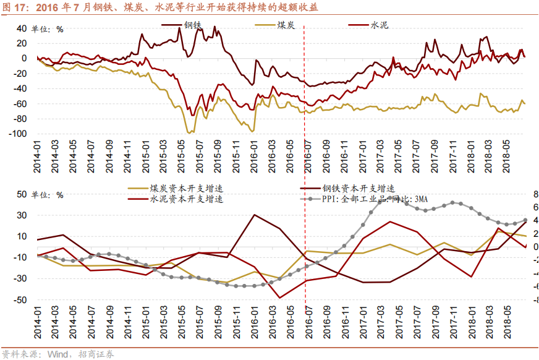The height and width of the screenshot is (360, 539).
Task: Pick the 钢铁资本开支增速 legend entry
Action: click(357, 189)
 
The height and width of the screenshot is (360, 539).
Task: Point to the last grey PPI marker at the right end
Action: click(525, 220)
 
